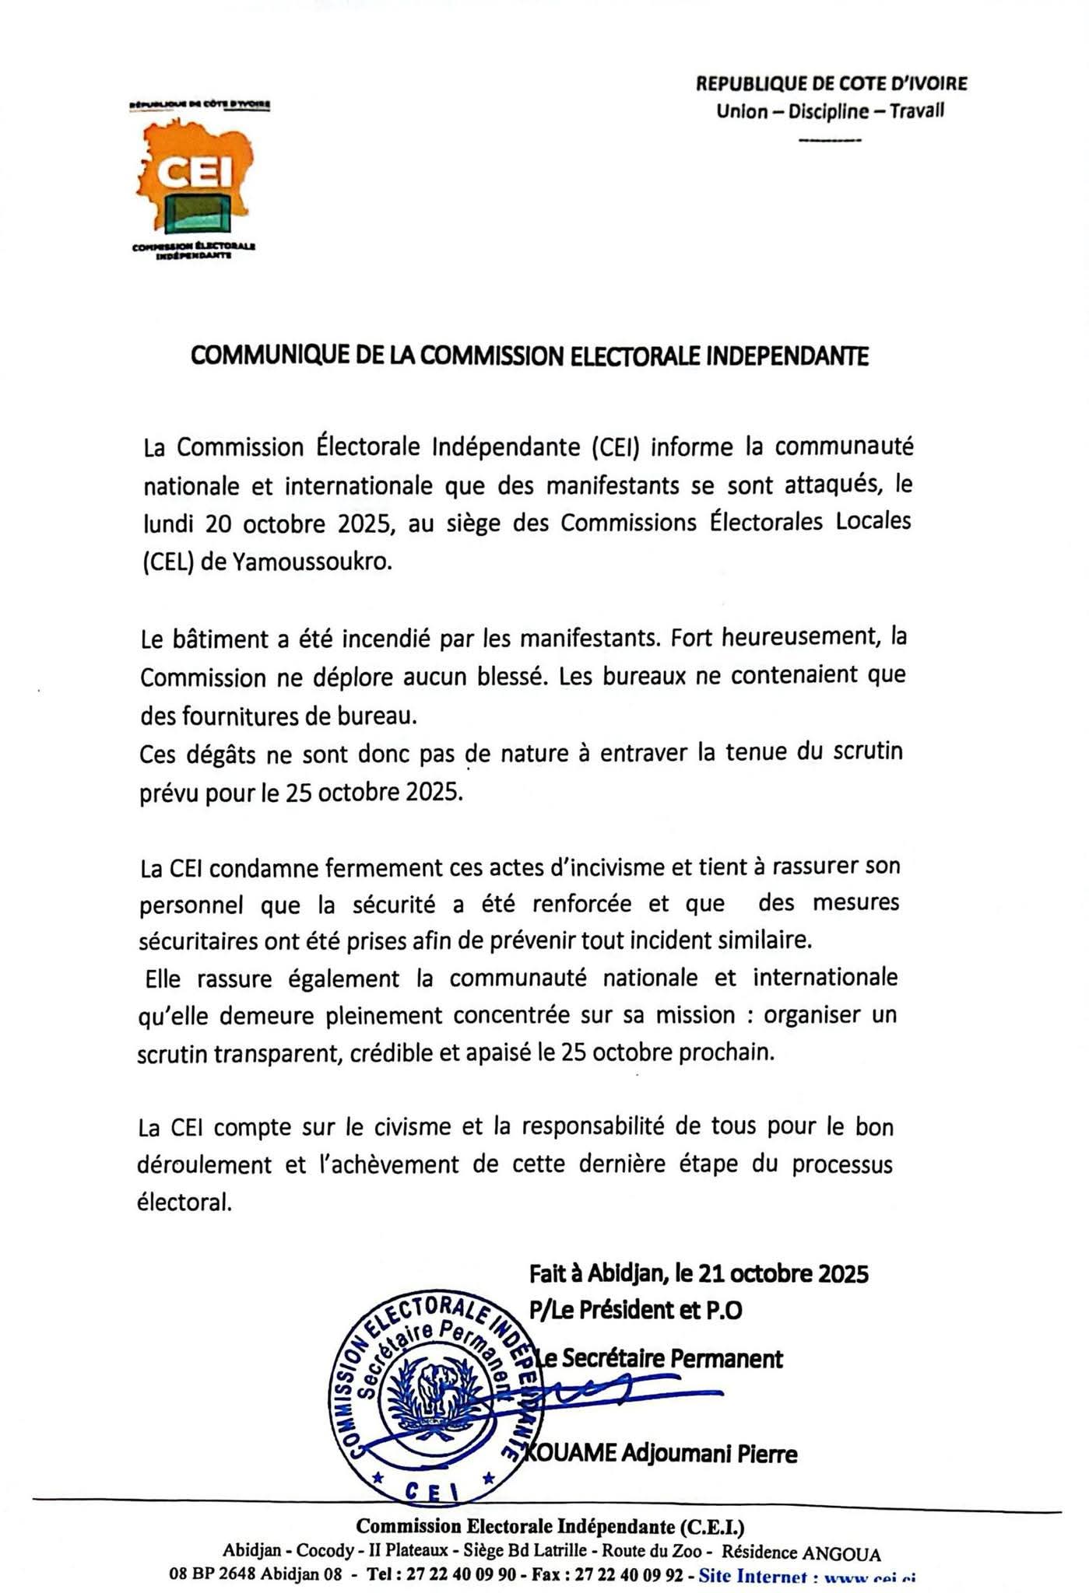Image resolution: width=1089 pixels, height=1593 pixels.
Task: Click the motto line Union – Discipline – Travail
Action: [830, 111]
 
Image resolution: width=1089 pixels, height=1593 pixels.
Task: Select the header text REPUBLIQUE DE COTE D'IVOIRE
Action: [831, 83]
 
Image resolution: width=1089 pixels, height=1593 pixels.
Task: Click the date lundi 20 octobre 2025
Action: [265, 523]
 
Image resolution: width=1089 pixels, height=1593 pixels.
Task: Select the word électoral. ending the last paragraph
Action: [184, 1203]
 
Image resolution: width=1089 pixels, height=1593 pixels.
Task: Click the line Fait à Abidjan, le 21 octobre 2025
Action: [698, 1273]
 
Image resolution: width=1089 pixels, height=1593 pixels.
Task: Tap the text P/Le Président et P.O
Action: [635, 1311]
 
